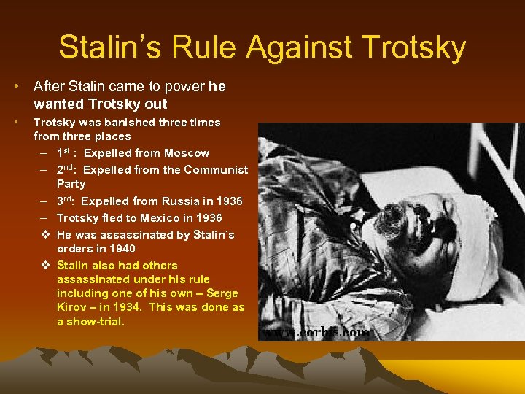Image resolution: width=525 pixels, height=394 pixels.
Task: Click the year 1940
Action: (x=122, y=249)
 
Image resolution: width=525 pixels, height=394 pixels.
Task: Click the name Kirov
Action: (x=71, y=307)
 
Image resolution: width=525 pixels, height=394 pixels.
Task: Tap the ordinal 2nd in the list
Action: (x=66, y=169)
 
